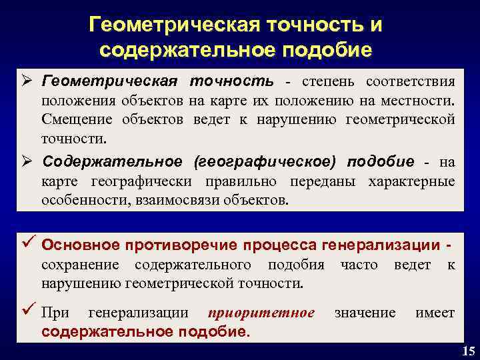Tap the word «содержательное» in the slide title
tap(179, 50)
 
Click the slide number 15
tap(466, 351)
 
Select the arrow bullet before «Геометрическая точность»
tap(26, 82)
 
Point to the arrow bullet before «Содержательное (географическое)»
tap(26, 162)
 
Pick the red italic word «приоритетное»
tap(261, 313)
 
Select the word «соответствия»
tap(411, 82)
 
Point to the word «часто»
tap(359, 265)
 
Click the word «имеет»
tap(435, 313)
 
